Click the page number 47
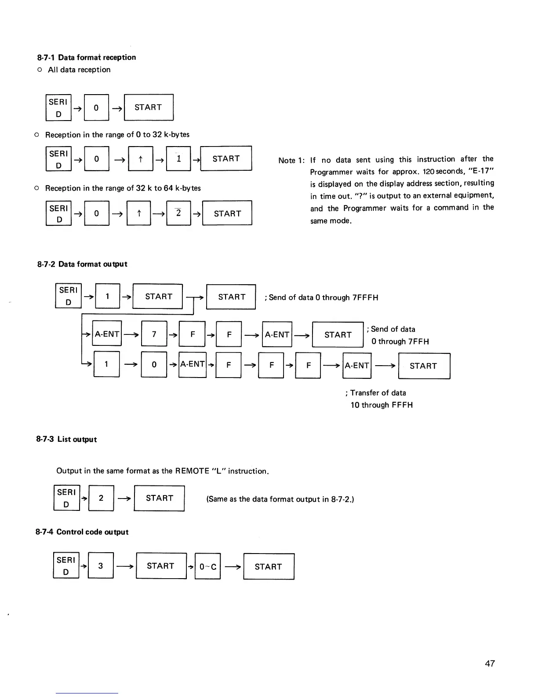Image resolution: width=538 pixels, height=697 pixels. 490,664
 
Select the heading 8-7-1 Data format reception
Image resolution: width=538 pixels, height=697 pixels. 87,57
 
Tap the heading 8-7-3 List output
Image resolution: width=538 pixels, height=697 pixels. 66,439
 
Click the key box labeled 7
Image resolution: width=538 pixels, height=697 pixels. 154,334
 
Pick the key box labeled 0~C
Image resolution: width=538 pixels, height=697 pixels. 207,566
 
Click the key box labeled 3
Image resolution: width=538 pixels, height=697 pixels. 101,565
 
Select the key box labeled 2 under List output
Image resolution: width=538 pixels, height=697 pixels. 101,498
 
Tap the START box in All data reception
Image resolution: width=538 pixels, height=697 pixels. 149,107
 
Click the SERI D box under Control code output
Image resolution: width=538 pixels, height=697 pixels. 66,565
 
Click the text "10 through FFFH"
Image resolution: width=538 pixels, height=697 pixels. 382,405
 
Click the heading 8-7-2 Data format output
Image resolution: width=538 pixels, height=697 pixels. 82,264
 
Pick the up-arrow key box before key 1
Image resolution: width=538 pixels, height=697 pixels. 140,158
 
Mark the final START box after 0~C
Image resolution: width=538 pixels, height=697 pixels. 268,566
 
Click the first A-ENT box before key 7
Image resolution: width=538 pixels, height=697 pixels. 107,334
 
